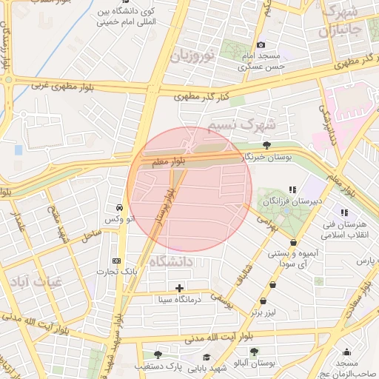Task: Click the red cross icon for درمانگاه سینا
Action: pyautogui.click(x=179, y=287)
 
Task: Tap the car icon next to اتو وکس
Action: pyautogui.click(x=120, y=207)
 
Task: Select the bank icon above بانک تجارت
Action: pyautogui.click(x=116, y=261)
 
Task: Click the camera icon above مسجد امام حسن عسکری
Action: pyautogui.click(x=260, y=46)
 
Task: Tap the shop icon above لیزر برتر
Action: pyautogui.click(x=273, y=284)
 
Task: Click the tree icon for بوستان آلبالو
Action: pyautogui.click(x=254, y=352)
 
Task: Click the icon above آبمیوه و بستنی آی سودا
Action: pyautogui.click(x=294, y=241)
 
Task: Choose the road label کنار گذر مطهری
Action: pyautogui.click(x=201, y=95)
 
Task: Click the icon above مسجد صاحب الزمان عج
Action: pyautogui.click(x=346, y=352)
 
